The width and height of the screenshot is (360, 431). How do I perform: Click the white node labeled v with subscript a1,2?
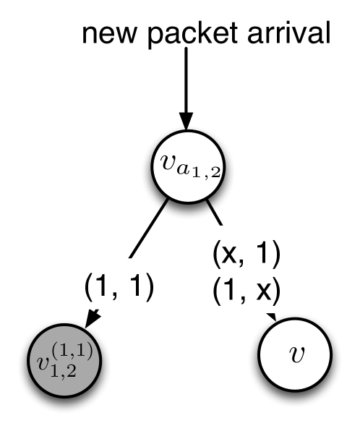187,170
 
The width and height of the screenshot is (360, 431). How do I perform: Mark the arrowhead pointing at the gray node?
93,317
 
